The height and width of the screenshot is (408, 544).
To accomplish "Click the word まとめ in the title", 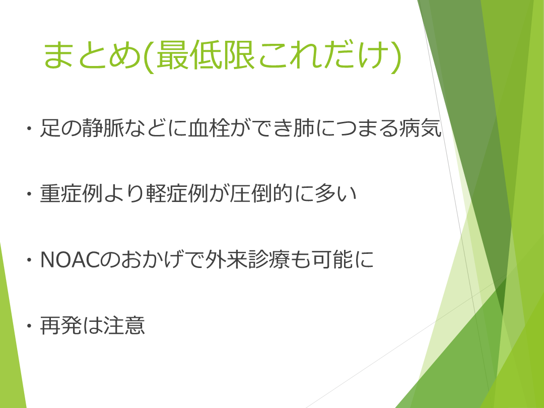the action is coord(92,54).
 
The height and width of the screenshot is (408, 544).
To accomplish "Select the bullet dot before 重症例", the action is coord(29,194).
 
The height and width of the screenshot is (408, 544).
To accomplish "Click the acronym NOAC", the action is coord(70,259).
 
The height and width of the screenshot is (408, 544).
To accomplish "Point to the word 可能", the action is coord(333,259).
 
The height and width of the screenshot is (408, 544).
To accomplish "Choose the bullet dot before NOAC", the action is coord(29,260).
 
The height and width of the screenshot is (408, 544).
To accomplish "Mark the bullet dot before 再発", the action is coord(29,326).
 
